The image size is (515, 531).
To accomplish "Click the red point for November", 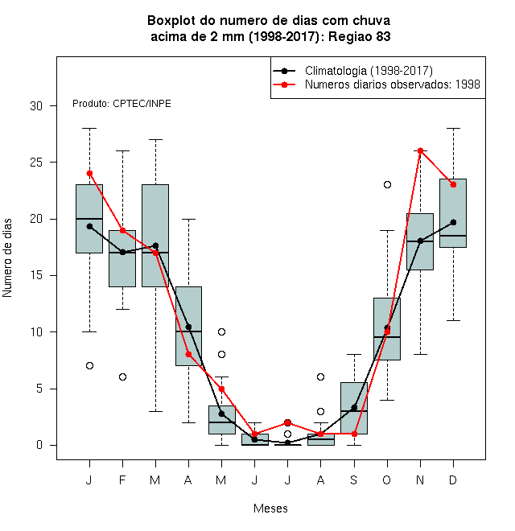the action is click(x=420, y=150).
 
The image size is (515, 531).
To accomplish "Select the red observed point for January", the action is click(x=89, y=174).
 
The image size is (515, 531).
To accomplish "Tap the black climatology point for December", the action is click(x=453, y=222).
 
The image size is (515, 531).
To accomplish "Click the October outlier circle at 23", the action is click(x=387, y=184).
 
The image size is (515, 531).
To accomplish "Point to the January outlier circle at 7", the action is click(x=89, y=366).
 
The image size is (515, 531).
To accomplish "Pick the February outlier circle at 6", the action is click(x=122, y=377).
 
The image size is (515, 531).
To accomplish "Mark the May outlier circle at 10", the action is click(x=221, y=331).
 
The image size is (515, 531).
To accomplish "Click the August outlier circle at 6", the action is click(x=320, y=377).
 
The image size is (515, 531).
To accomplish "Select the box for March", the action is click(x=155, y=236).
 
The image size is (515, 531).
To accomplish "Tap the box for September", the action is click(x=354, y=408).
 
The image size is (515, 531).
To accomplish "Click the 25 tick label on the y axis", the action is click(x=36, y=163).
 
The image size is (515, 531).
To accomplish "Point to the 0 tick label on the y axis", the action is click(x=39, y=445).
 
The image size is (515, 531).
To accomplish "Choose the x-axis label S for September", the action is click(x=354, y=480).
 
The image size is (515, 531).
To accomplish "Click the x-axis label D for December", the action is click(x=453, y=480).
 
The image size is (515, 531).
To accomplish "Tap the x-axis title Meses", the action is click(x=270, y=508).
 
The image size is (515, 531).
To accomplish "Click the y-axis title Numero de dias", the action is click(x=7, y=258).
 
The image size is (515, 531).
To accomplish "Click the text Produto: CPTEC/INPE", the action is click(x=122, y=104).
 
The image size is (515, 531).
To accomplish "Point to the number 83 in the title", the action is click(x=383, y=36).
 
